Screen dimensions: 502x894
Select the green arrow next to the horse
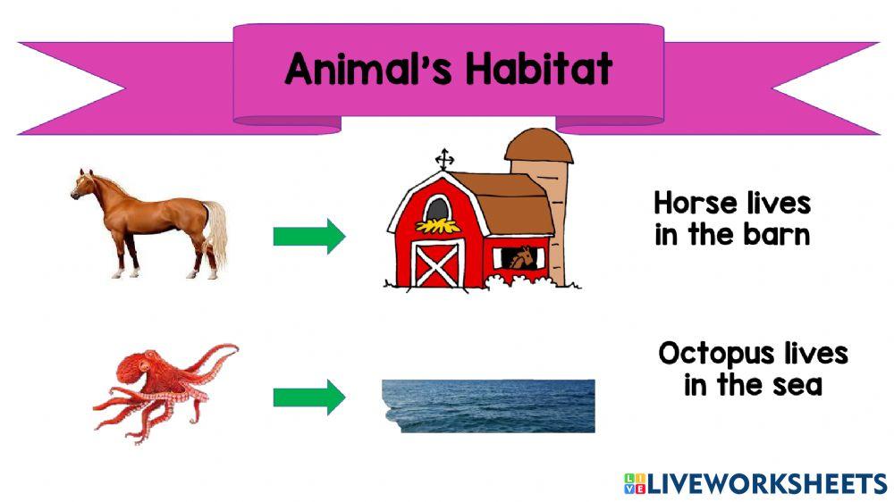(308, 237)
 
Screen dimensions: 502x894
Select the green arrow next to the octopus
(308, 397)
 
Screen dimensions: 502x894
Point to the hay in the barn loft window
(438, 224)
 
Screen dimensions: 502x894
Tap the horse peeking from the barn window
(519, 258)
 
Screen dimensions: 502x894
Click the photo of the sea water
(488, 406)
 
